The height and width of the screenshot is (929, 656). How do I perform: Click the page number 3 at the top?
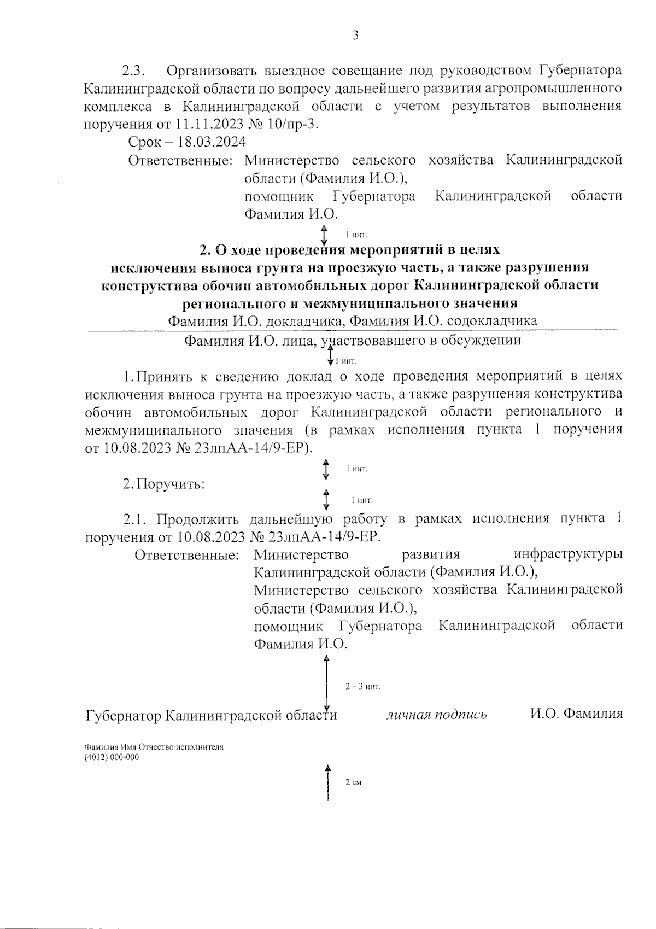(x=355, y=36)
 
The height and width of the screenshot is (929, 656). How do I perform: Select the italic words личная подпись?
(x=437, y=715)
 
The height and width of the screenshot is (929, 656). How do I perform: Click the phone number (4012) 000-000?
(x=112, y=757)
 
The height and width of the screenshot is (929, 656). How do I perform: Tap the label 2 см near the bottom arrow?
(x=353, y=783)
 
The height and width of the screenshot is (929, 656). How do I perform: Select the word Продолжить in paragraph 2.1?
(x=202, y=518)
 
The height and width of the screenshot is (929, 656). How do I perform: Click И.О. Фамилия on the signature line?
(x=576, y=714)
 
